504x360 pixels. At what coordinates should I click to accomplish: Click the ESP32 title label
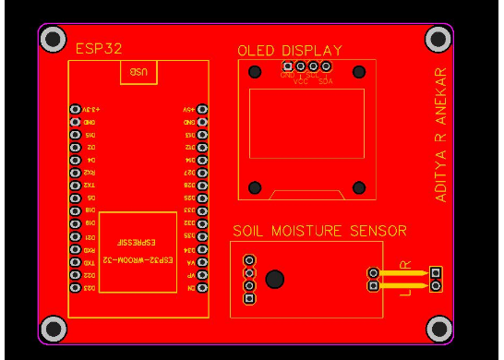(x=98, y=48)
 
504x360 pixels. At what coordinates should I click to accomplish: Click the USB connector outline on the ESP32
(x=138, y=72)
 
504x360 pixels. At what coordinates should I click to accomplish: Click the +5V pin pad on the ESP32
(x=202, y=109)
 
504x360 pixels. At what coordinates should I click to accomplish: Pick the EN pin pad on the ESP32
(x=202, y=288)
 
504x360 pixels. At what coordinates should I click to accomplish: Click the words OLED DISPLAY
(x=289, y=51)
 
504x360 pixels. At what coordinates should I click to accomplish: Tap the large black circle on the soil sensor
(x=274, y=279)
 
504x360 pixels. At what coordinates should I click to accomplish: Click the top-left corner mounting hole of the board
(x=53, y=39)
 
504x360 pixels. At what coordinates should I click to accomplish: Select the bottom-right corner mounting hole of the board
(x=438, y=328)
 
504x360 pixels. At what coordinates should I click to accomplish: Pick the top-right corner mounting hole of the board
(x=438, y=39)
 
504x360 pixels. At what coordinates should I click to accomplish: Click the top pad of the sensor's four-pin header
(x=248, y=261)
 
